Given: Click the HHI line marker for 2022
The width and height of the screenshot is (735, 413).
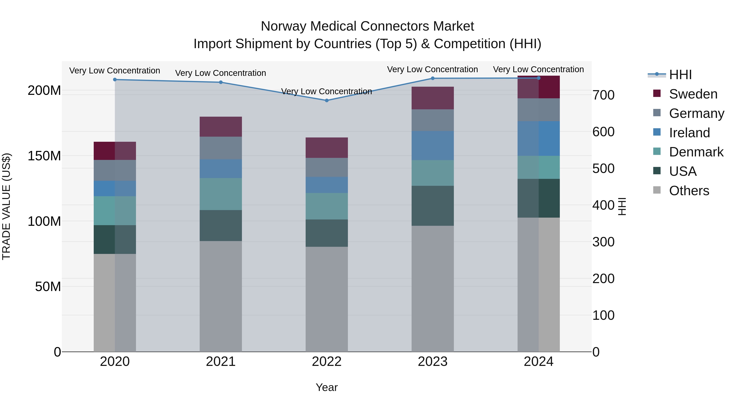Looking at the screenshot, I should (327, 100).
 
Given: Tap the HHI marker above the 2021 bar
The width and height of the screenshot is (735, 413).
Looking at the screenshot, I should (220, 82).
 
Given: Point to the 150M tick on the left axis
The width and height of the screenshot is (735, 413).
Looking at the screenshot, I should (44, 156).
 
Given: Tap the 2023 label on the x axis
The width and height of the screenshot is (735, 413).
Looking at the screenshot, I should (433, 362).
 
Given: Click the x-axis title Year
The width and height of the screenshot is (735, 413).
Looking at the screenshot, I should (327, 387).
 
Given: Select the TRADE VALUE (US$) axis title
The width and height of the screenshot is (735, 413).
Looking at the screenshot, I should (6, 206).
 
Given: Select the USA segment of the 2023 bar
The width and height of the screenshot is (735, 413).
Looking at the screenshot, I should (433, 206).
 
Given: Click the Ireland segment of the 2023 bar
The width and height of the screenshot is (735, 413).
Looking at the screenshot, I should (433, 145).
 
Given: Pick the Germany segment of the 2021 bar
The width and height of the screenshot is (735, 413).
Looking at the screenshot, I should (220, 148).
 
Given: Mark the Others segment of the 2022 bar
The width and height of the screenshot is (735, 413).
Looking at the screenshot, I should (327, 299).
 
